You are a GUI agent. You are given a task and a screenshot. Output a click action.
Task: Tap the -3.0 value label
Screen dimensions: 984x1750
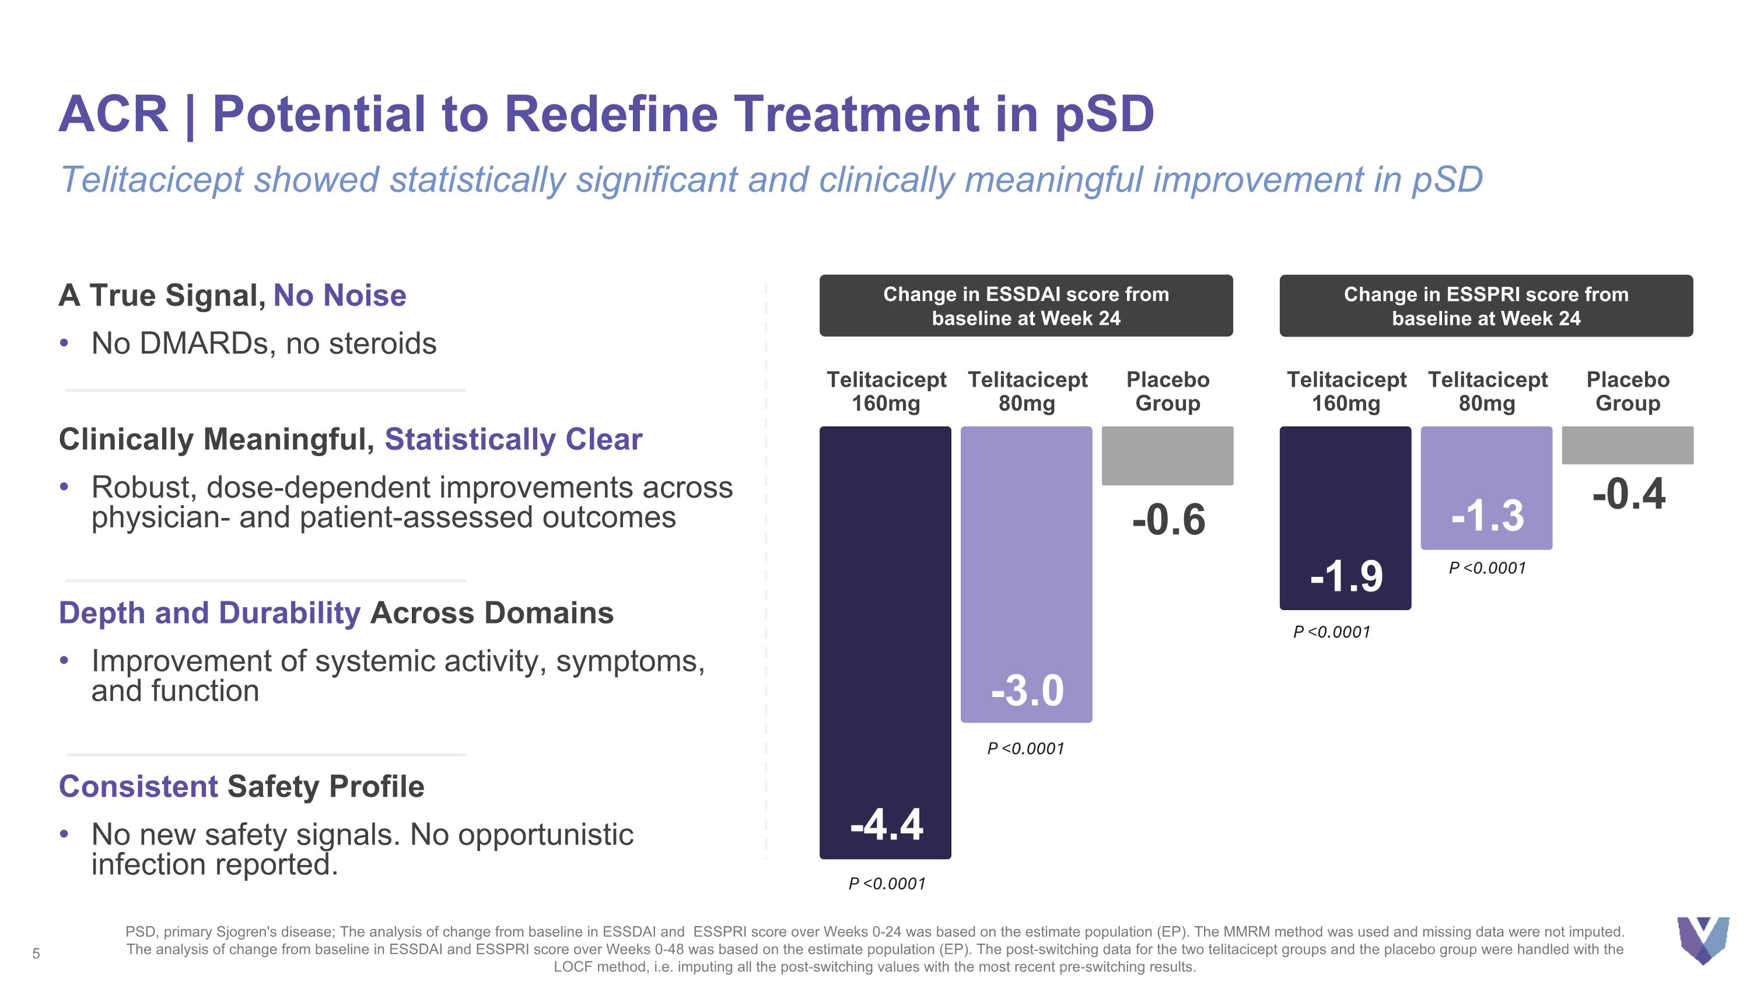tap(1027, 691)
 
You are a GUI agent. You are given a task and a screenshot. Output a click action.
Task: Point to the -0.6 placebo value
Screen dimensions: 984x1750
tap(1168, 520)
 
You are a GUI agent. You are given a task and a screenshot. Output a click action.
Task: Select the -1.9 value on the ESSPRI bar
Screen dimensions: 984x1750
tap(1346, 576)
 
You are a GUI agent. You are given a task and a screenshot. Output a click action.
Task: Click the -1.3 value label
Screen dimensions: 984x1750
tap(1487, 516)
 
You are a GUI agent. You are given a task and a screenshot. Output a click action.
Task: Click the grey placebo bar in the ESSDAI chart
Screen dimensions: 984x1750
tap(1167, 456)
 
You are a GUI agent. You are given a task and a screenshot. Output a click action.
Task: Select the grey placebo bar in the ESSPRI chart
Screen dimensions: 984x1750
tap(1627, 446)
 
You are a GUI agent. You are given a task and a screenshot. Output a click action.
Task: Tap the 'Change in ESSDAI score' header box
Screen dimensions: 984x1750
tap(1026, 306)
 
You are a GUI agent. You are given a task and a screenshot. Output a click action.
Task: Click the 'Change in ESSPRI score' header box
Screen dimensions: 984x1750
tap(1486, 306)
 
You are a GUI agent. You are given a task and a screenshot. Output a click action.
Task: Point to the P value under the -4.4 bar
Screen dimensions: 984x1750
tap(887, 884)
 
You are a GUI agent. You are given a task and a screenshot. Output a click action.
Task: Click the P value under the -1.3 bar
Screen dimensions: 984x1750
tap(1487, 568)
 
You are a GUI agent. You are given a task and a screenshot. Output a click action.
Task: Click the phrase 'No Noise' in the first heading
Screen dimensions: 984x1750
tap(339, 295)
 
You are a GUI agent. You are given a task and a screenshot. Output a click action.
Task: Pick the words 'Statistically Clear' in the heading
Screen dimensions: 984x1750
tap(513, 439)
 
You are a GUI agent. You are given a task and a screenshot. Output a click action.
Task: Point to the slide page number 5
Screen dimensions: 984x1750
tap(36, 954)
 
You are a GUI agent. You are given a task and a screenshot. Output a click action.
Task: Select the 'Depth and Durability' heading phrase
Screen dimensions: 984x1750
tap(209, 612)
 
